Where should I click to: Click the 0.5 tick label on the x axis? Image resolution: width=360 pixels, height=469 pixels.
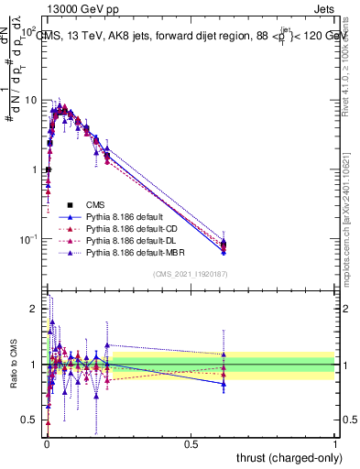click(191, 443)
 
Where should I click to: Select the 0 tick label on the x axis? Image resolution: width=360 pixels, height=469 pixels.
click(46, 443)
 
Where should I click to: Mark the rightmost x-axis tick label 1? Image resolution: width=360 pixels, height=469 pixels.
click(335, 443)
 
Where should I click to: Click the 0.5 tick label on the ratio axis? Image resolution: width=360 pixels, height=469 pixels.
click(34, 421)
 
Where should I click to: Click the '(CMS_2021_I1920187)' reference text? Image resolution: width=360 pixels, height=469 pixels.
click(191, 274)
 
